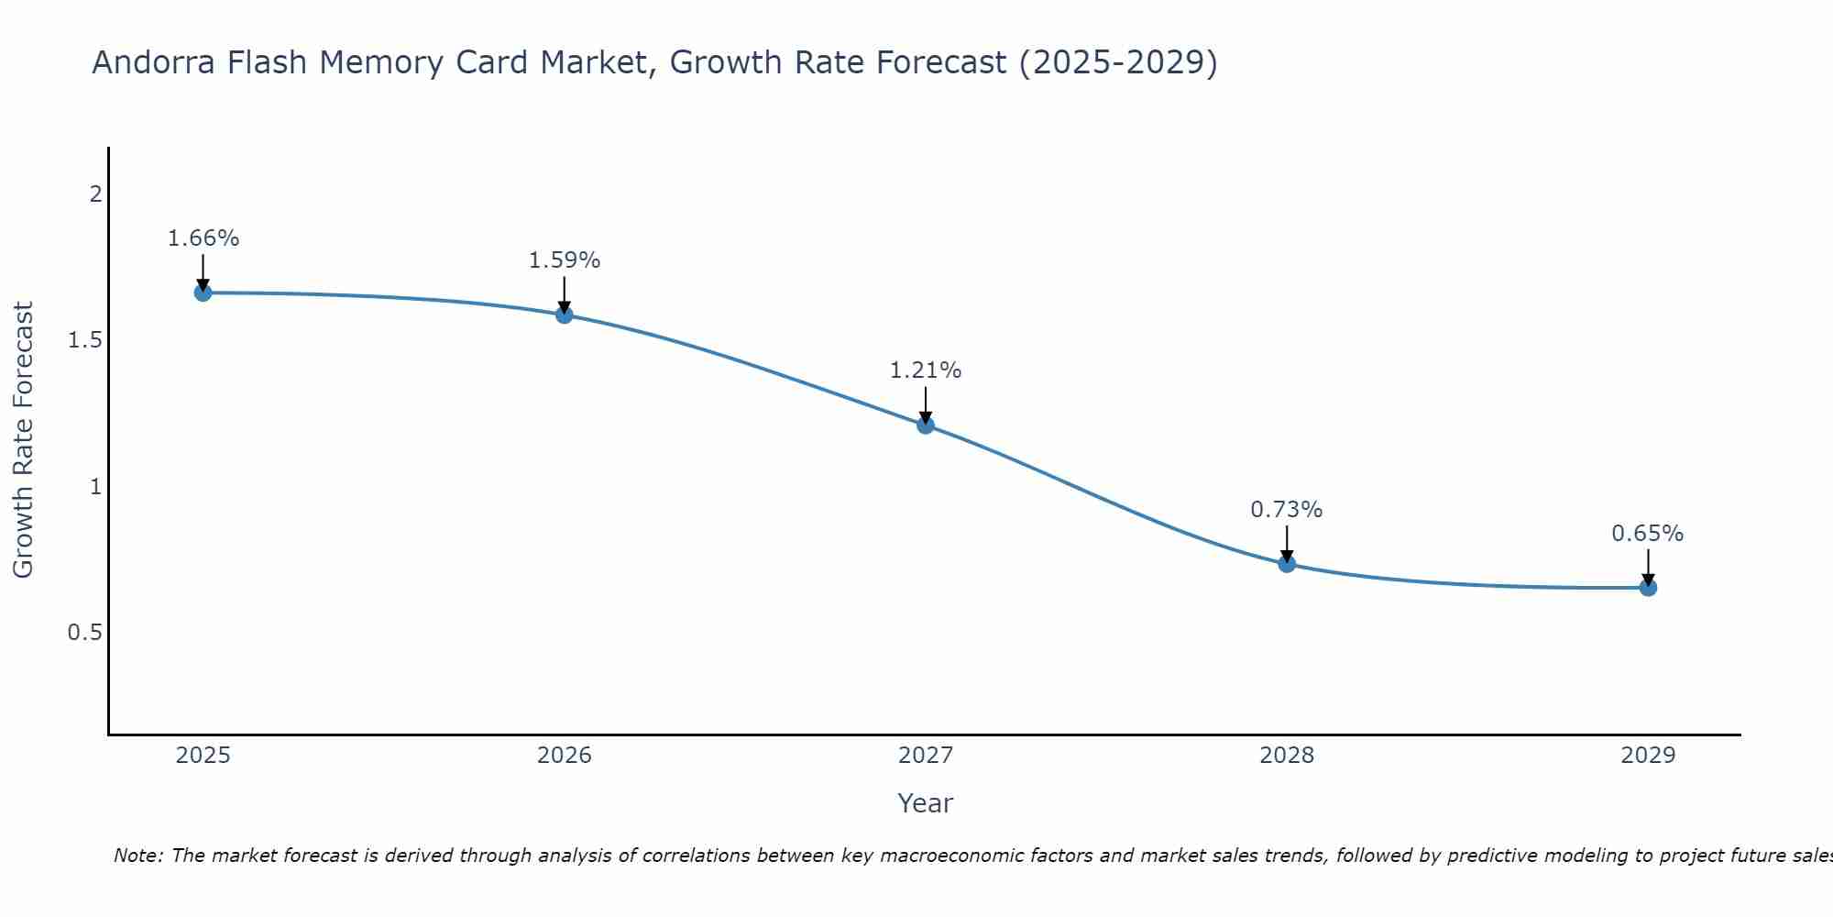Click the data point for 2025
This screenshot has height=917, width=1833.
pos(203,293)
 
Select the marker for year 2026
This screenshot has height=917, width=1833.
pos(565,315)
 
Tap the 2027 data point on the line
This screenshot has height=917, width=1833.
pos(926,425)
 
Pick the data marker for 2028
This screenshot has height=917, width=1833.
pos(1287,563)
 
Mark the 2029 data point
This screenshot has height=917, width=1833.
pos(1648,587)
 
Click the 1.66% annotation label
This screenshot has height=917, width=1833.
pos(203,238)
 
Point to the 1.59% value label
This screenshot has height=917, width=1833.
pos(565,260)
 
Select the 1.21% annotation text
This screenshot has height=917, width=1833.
pos(926,370)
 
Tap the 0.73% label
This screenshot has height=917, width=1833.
pos(1287,510)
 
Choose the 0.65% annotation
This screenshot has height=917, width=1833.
pos(1648,534)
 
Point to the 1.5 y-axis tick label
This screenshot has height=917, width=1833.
pos(84,340)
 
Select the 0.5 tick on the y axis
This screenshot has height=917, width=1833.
pos(84,633)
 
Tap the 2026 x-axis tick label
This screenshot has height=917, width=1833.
pos(565,756)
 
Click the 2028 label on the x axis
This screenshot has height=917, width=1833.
pos(1287,756)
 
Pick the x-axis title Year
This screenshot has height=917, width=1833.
pos(926,803)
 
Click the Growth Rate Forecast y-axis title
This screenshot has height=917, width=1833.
pos(24,440)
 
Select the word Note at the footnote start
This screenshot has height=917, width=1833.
pos(137,856)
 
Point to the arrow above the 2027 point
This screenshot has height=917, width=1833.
pos(926,404)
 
